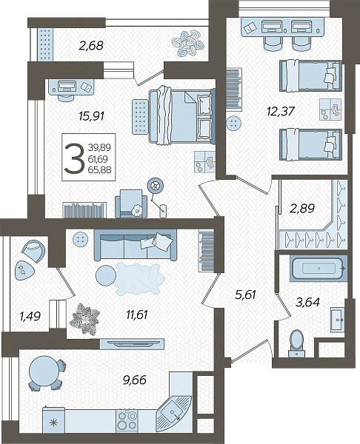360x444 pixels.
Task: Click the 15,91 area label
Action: coord(92,116)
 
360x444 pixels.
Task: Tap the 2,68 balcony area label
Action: coord(91,45)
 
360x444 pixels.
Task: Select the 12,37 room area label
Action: coord(281,111)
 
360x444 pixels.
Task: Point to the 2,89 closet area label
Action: coord(302,209)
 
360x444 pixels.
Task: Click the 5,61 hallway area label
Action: coord(245,295)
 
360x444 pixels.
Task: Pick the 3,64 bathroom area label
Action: coord(307,302)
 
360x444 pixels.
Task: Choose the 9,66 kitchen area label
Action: coord(135,380)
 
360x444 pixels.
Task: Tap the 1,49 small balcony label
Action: coord(30,316)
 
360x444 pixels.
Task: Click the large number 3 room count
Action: coord(74,158)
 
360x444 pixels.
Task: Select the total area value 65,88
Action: coord(99,169)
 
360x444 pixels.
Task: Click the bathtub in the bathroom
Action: coord(319,268)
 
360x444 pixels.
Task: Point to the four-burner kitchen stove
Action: coord(127,421)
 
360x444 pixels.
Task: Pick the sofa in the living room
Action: coord(136,245)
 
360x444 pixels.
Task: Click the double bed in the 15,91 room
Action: coord(182,115)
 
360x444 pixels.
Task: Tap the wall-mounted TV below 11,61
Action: coord(132,344)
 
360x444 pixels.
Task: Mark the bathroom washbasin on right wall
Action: coord(338,320)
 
